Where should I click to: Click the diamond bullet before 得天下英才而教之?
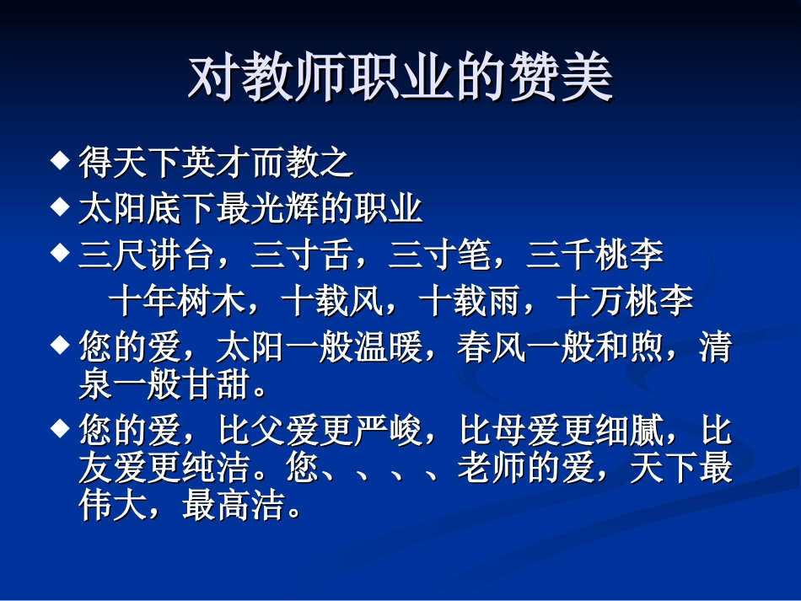pyautogui.click(x=60, y=159)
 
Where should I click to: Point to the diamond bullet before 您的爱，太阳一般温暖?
pyautogui.click(x=60, y=343)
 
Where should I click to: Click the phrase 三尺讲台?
pyautogui.click(x=147, y=255)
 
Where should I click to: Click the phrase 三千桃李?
pyautogui.click(x=594, y=255)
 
